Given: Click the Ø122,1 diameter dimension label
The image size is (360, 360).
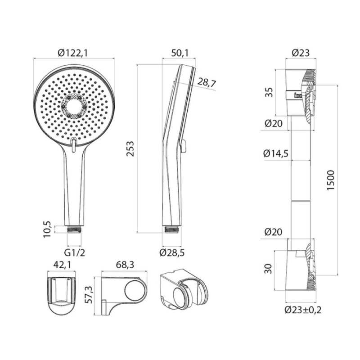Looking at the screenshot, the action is point(72,53).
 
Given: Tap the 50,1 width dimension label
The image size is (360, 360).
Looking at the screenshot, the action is point(180,53).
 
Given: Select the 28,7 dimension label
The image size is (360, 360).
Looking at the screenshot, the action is point(207,83).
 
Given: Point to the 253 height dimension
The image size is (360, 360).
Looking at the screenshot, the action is point(130,149).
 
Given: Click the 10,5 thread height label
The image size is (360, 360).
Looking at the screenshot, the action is point(47,229).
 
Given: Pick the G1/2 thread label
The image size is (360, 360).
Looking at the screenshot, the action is point(75,253).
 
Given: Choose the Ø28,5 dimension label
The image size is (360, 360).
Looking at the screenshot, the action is point(172,253).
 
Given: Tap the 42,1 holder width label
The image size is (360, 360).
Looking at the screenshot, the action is point(62,265).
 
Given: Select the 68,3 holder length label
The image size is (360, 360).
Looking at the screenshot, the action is point(125,265).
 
